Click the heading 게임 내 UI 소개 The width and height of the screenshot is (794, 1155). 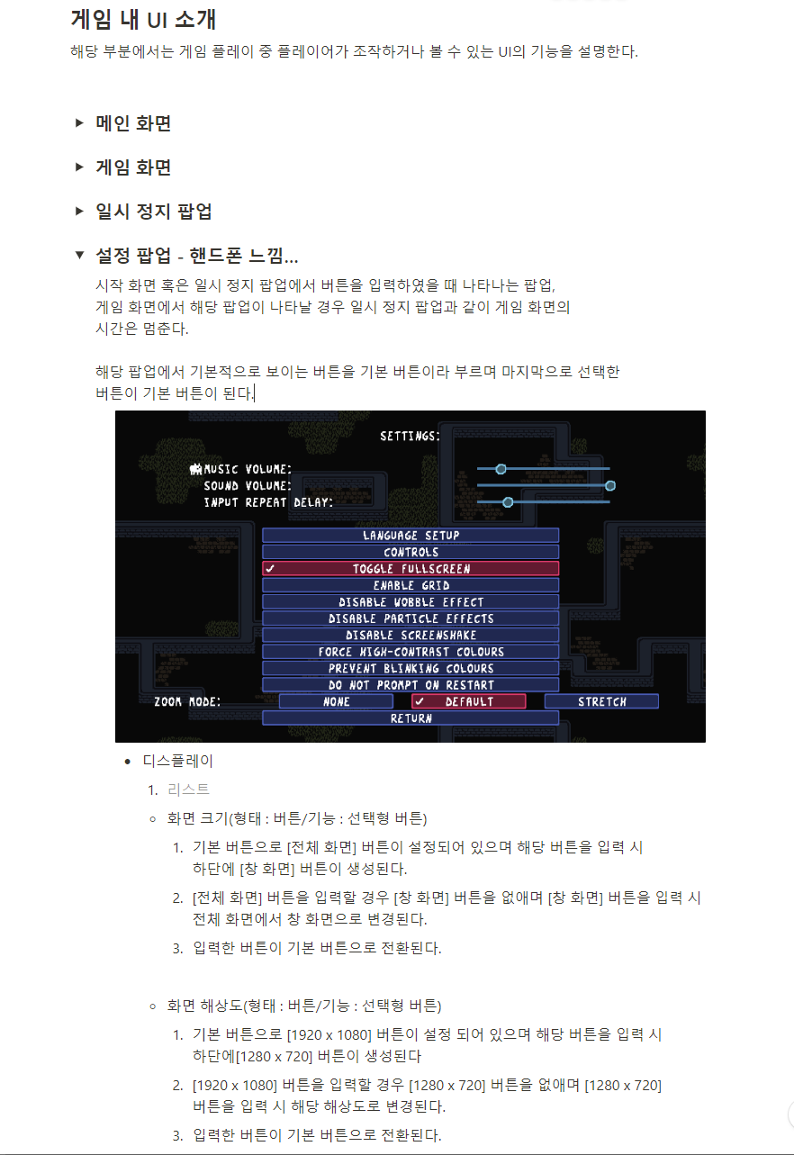(x=143, y=19)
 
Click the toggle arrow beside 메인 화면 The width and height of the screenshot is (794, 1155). (x=79, y=122)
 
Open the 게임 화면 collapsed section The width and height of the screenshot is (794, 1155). (x=133, y=167)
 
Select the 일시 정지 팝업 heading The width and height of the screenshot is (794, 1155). (x=154, y=212)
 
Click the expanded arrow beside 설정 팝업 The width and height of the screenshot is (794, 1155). (x=79, y=256)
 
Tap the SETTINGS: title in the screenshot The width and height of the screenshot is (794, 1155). (x=410, y=436)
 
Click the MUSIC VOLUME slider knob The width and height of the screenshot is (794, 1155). (x=501, y=468)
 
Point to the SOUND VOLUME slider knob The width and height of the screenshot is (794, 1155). (x=610, y=485)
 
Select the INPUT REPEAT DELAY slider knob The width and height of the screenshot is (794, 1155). (x=508, y=501)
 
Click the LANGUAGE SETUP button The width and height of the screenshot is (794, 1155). (x=411, y=536)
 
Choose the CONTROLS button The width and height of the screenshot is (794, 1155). (x=411, y=552)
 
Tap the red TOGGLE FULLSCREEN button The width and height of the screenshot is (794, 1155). (x=411, y=569)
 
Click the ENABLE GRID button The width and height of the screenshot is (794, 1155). (x=411, y=585)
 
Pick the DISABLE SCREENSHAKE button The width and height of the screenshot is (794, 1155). (x=411, y=635)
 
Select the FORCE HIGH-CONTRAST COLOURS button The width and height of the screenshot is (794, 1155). (x=411, y=652)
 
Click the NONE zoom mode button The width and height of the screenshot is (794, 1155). (x=336, y=701)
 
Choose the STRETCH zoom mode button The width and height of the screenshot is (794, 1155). (x=601, y=701)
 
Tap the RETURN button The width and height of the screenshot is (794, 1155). (x=411, y=718)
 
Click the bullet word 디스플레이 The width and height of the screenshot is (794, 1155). (x=178, y=761)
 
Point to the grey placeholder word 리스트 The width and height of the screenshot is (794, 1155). (x=188, y=790)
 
